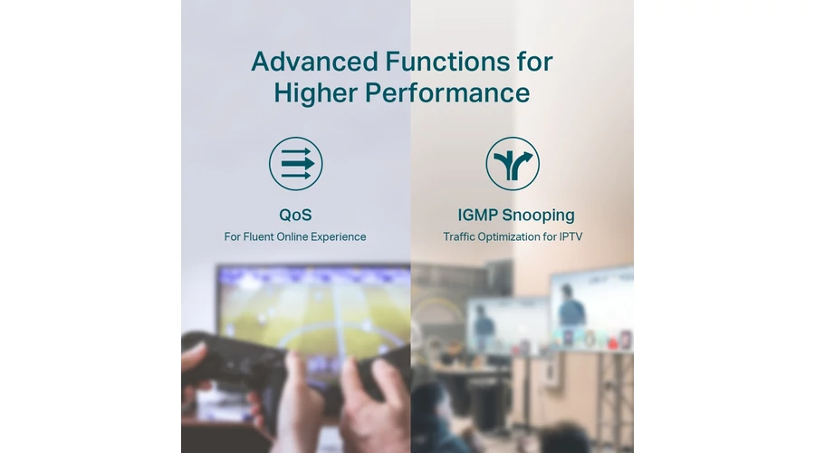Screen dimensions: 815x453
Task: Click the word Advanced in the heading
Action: pyautogui.click(x=314, y=62)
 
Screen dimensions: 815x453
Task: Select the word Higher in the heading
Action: pyautogui.click(x=316, y=93)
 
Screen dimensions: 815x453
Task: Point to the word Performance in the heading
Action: pyautogui.click(x=447, y=93)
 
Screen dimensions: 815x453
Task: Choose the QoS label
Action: pyautogui.click(x=295, y=215)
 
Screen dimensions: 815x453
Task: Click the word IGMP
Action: pyautogui.click(x=477, y=215)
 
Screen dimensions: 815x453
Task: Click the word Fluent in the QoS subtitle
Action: pyautogui.click(x=258, y=237)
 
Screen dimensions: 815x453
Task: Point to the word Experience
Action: pyautogui.click(x=338, y=237)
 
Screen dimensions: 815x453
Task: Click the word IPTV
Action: pyautogui.click(x=570, y=237)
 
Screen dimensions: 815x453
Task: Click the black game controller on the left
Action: pyautogui.click(x=229, y=364)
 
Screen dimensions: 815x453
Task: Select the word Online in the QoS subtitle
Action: pyautogui.click(x=292, y=237)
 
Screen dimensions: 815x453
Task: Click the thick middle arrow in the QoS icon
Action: pyautogui.click(x=298, y=163)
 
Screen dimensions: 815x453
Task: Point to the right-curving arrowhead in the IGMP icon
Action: pyautogui.click(x=526, y=156)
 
